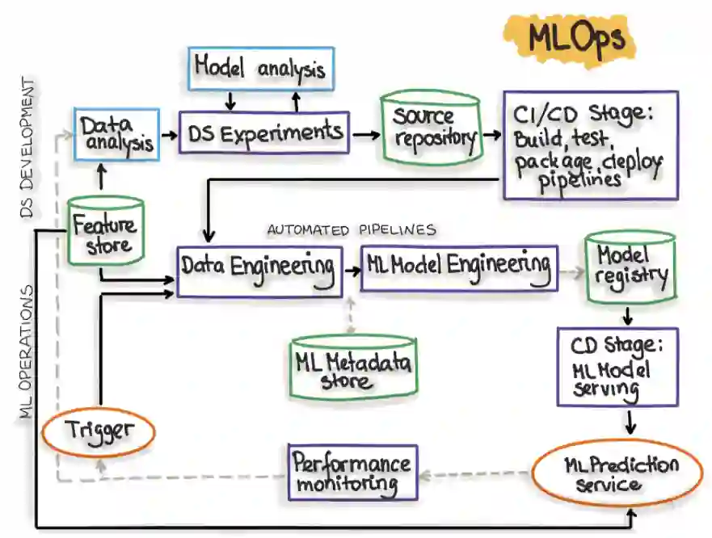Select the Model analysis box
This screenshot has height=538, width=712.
point(260,69)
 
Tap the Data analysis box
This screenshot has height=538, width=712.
point(116,134)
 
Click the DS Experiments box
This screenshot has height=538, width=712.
point(264,132)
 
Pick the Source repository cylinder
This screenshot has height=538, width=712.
point(432,128)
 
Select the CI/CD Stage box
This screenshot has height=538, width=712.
point(590,145)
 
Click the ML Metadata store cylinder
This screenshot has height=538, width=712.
point(352,368)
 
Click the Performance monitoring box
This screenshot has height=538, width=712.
point(352,473)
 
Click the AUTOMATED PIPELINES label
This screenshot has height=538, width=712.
point(352,230)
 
